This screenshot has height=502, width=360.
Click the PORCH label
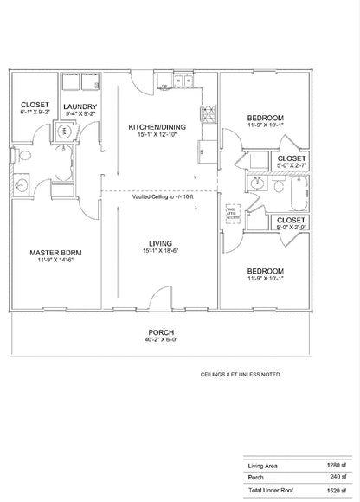(x=162, y=332)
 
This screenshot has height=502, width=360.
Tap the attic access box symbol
(x=232, y=210)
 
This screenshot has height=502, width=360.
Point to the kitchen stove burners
(x=206, y=113)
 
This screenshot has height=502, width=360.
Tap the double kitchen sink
(x=183, y=82)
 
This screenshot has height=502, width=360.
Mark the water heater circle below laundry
(x=63, y=132)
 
